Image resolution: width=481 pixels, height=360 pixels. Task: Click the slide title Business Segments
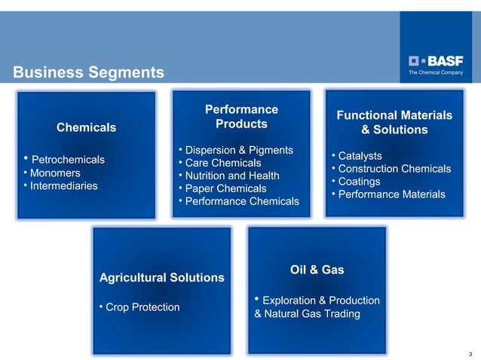point(88,72)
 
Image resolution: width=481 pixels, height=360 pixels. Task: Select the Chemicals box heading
point(87,128)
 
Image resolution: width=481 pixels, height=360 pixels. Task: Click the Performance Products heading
point(241,117)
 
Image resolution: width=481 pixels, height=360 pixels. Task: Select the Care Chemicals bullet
point(220,163)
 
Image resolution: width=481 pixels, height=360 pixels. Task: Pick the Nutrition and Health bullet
point(229,175)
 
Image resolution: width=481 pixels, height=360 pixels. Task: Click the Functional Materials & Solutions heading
point(394,123)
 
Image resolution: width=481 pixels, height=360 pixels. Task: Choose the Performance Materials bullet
point(389,194)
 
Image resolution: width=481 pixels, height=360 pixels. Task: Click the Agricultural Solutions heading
point(162,278)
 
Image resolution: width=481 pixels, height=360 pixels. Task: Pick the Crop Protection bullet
point(140,307)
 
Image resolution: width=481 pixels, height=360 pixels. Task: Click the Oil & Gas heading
point(317,270)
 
